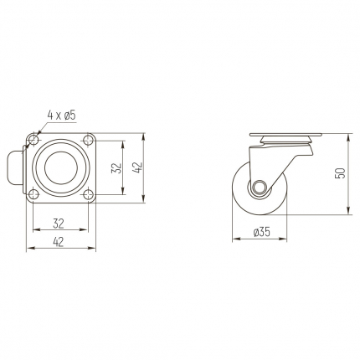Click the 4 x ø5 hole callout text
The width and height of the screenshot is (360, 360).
tap(62, 116)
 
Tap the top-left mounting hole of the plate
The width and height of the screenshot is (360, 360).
tap(33, 140)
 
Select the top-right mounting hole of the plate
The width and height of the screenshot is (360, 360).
tap(89, 140)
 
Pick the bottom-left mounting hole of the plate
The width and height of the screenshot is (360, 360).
tap(33, 194)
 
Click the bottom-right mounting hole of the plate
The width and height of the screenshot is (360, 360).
tap(89, 194)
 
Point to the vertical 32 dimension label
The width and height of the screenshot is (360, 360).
tap(117, 168)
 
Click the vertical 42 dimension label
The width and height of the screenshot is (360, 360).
tap(138, 167)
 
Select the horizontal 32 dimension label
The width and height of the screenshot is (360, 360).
tap(59, 224)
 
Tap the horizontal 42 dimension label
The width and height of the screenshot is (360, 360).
tap(58, 242)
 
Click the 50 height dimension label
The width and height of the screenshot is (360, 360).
tap(342, 173)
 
